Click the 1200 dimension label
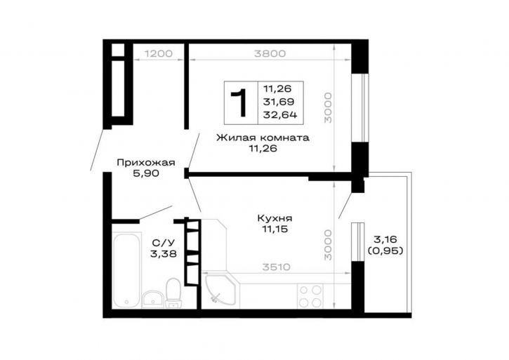[x=159, y=53]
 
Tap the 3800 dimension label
[x=270, y=53]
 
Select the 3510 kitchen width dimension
[x=276, y=267]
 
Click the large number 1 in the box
[x=240, y=103]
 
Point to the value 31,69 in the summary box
[x=279, y=102]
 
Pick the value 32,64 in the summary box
[x=280, y=114]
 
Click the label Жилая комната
[x=263, y=138]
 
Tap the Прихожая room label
[x=146, y=162]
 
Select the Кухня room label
[x=275, y=218]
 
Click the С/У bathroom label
[x=164, y=243]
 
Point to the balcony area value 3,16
[x=385, y=239]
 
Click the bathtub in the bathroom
[x=128, y=269]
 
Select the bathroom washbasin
[x=152, y=299]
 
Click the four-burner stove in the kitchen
[x=310, y=296]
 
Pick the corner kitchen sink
[x=220, y=289]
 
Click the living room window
[x=360, y=108]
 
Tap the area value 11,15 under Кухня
[x=275, y=229]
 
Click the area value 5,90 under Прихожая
[x=146, y=173]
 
